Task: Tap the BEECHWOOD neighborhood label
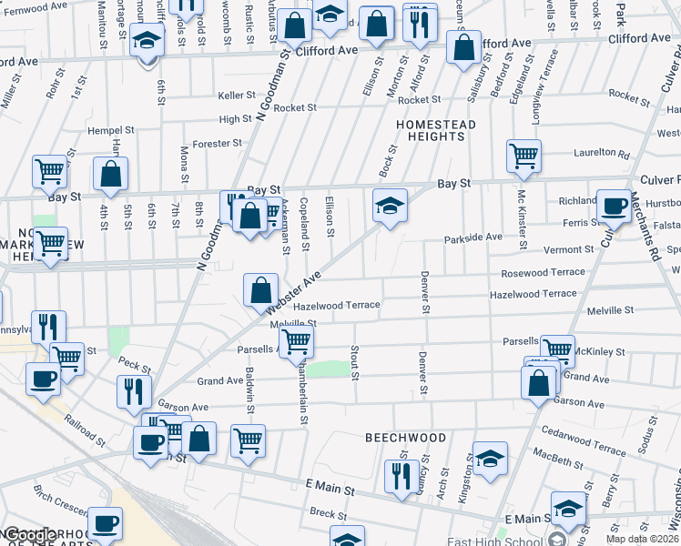(x=406, y=438)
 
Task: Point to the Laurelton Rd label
(x=601, y=155)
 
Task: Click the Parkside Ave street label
(x=473, y=238)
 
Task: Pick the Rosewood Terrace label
(x=543, y=272)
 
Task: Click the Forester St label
(x=217, y=143)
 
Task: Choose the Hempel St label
(x=111, y=130)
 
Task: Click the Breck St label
(x=323, y=513)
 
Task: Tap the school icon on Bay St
(x=390, y=205)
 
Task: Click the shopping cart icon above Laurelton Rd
(x=523, y=157)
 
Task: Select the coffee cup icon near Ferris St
(x=614, y=206)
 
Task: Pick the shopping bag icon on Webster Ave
(x=261, y=290)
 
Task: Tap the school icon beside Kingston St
(x=490, y=460)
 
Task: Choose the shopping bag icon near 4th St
(x=110, y=176)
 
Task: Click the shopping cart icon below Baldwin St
(x=248, y=441)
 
